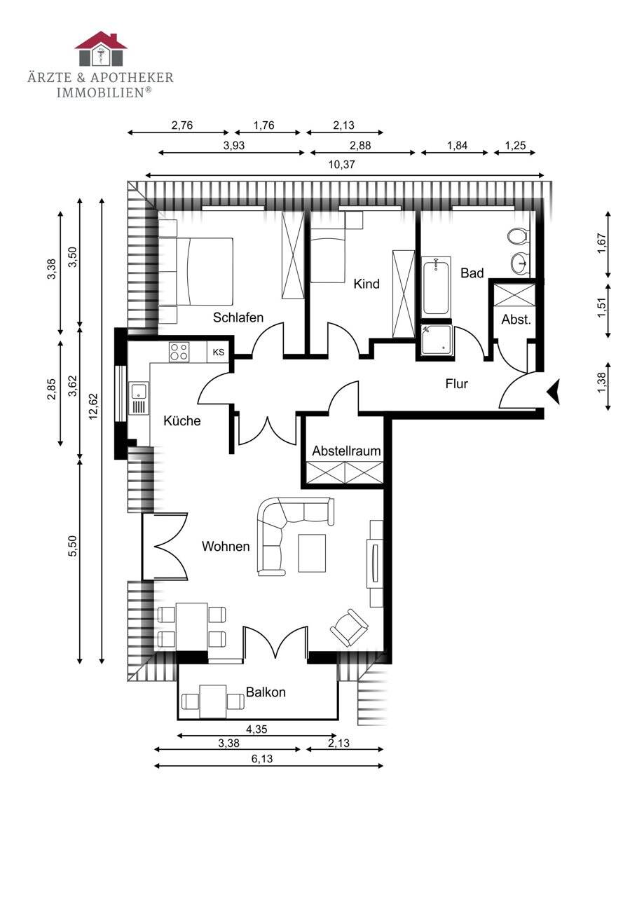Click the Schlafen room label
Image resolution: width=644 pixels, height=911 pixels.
point(238,317)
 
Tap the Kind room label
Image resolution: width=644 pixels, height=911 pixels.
point(366,284)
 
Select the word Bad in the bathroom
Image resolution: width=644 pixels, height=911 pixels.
point(472,273)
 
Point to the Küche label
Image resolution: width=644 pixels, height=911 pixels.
point(182,420)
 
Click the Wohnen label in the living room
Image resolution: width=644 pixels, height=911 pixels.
point(226,546)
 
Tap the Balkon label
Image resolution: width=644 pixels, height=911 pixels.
point(266,692)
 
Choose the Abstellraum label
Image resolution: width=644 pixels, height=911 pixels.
point(346,451)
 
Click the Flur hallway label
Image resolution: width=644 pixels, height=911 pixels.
point(457,383)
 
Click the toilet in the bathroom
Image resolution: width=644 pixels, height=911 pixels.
point(518,236)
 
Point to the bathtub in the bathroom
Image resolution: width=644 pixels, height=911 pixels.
point(437,287)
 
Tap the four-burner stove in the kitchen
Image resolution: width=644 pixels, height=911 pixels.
point(179,352)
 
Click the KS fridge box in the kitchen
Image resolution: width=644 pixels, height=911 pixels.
point(219,352)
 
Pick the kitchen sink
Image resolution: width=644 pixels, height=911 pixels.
point(139,398)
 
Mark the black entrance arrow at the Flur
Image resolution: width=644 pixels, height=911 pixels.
point(554,392)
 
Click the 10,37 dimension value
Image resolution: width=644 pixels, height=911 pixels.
point(341,165)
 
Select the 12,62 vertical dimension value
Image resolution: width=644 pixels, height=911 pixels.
point(93,406)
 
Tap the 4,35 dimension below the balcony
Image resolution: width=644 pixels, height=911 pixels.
point(256,730)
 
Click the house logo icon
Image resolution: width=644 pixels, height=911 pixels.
point(101,48)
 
